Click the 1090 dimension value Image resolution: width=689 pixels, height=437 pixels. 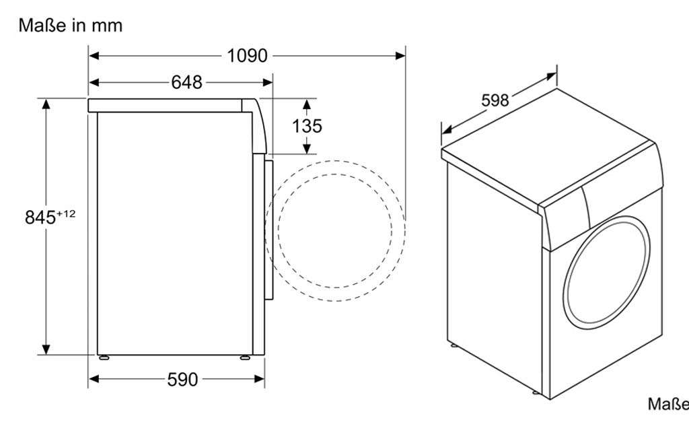pyautogui.click(x=247, y=56)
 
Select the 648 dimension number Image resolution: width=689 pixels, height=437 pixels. pyautogui.click(x=187, y=82)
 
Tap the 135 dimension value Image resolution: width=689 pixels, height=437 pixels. pyautogui.click(x=307, y=126)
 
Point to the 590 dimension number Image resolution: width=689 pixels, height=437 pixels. pyautogui.click(x=182, y=379)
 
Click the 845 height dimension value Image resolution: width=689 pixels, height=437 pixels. pyautogui.click(x=40, y=217)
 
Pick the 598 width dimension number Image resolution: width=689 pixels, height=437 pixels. pyautogui.click(x=495, y=100)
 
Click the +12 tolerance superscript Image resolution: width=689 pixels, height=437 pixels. pyautogui.click(x=66, y=213)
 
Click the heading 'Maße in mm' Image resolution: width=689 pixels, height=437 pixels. pyautogui.click(x=70, y=26)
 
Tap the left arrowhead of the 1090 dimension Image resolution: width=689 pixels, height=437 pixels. pyautogui.click(x=94, y=56)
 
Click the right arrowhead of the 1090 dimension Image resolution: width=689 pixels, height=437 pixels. pyautogui.click(x=400, y=56)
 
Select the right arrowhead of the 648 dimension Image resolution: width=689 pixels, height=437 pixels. pyautogui.click(x=267, y=82)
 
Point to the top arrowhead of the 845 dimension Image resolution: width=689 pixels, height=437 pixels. pyautogui.click(x=46, y=104)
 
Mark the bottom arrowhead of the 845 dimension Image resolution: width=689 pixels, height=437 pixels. pyautogui.click(x=46, y=349)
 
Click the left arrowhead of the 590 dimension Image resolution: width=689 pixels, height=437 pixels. pyautogui.click(x=94, y=379)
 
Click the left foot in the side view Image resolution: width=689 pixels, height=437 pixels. pyautogui.click(x=104, y=358)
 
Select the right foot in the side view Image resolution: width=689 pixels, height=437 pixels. pyautogui.click(x=244, y=358)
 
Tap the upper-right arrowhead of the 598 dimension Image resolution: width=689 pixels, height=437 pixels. pyautogui.click(x=551, y=77)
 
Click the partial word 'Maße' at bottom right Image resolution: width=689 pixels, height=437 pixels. pyautogui.click(x=668, y=404)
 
